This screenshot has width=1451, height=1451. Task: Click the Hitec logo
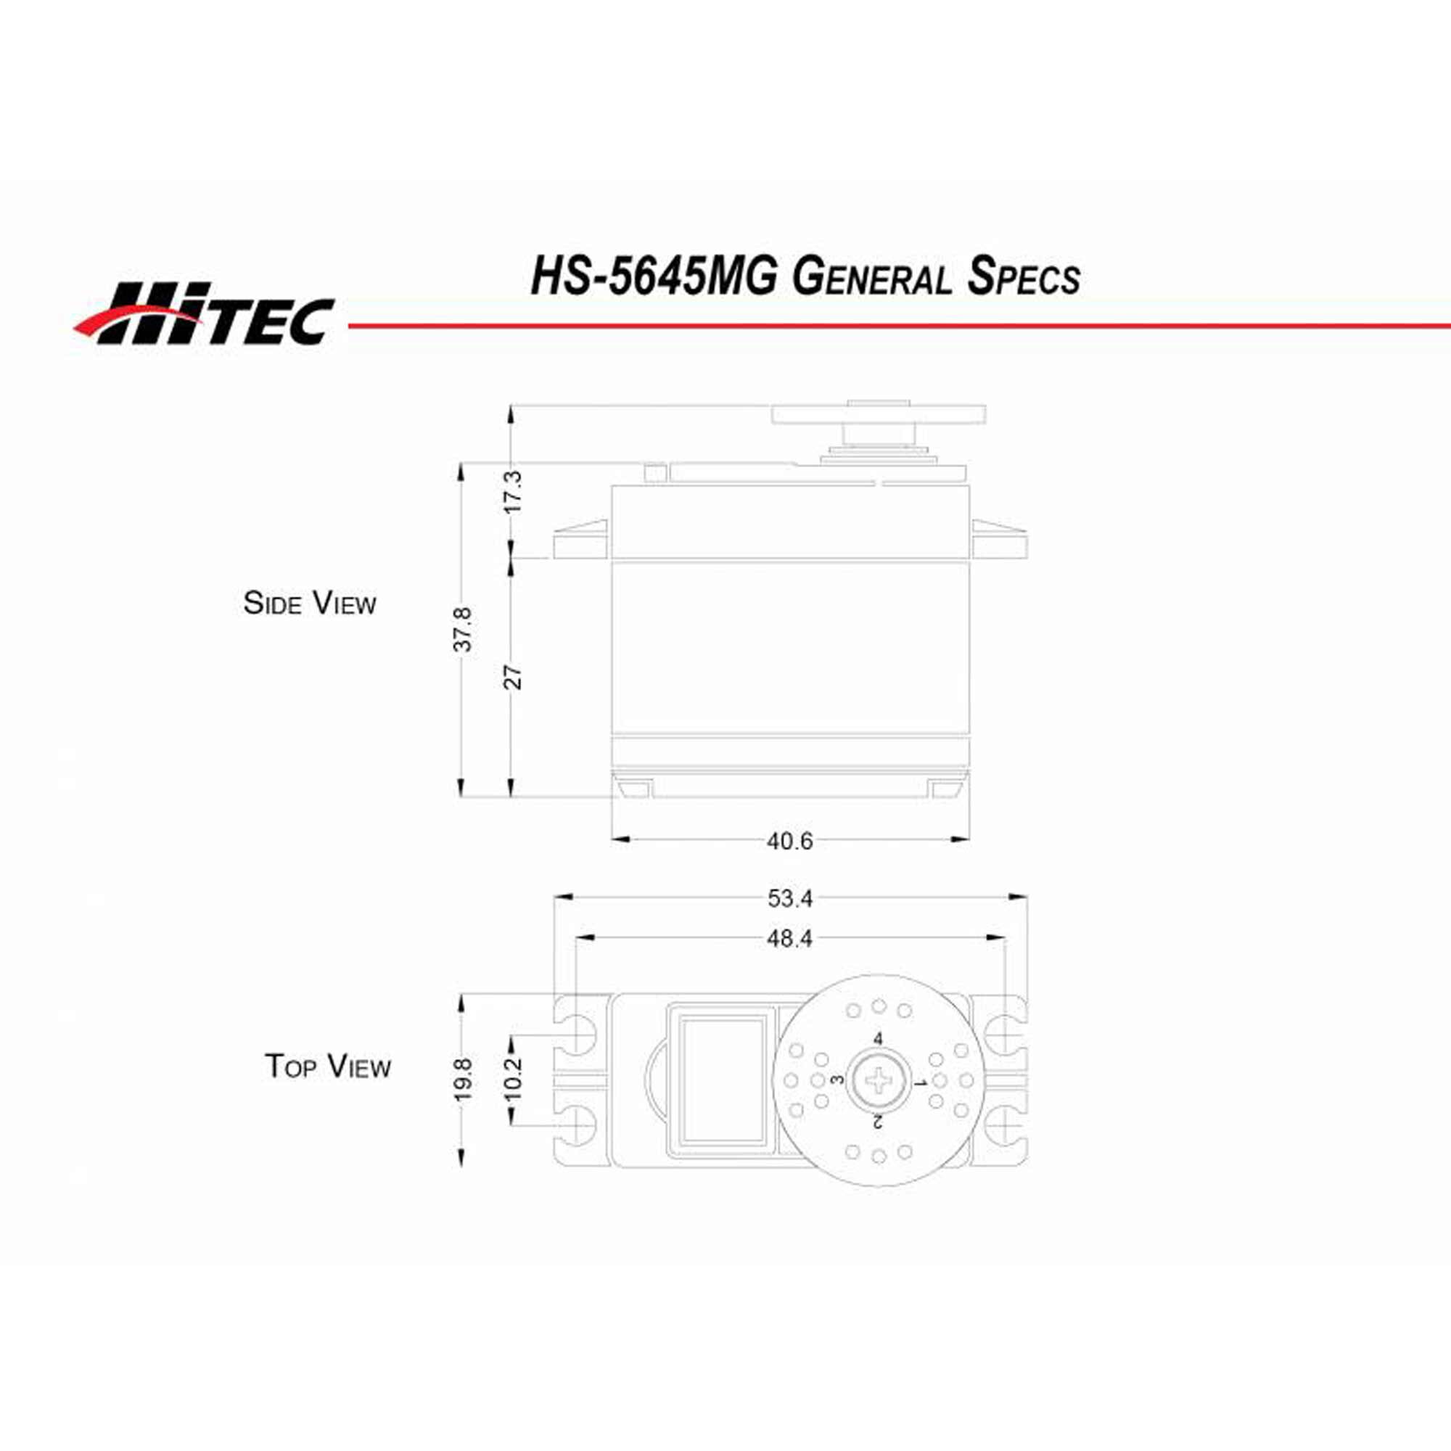205,313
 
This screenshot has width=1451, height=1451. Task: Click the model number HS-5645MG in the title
654,276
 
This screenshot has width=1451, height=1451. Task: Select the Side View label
310,603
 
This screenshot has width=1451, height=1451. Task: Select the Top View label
327,1066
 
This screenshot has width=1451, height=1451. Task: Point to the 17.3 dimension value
512,492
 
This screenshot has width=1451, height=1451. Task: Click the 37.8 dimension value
464,629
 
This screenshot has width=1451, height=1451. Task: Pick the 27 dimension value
512,677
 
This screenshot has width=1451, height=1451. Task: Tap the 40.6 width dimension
789,841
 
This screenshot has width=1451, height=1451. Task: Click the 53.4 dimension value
789,898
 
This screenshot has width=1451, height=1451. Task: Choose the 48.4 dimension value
789,938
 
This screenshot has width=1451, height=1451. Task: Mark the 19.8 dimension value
464,1080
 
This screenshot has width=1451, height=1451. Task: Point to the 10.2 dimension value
512,1080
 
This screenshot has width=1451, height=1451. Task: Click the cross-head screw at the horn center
877,1081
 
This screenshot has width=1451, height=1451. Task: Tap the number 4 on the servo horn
877,1039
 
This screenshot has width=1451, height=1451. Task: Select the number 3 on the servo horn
837,1080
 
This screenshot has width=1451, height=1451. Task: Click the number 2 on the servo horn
876,1122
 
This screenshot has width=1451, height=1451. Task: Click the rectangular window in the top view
722,1079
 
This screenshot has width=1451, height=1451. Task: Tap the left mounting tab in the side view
580,539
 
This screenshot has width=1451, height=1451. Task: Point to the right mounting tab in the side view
999,539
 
